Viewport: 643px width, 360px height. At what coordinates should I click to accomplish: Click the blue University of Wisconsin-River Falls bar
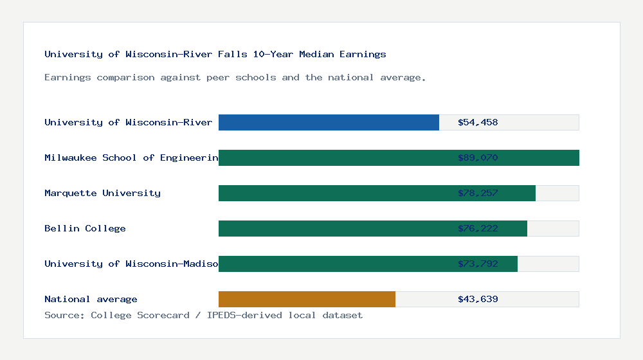pyautogui.click(x=329, y=122)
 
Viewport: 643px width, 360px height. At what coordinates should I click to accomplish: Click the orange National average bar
pyautogui.click(x=307, y=299)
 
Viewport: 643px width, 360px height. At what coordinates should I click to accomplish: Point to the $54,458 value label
pyautogui.click(x=478, y=122)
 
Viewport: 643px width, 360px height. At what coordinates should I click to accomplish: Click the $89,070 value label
pyautogui.click(x=478, y=157)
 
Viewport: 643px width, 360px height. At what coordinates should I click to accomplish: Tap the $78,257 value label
pyautogui.click(x=478, y=193)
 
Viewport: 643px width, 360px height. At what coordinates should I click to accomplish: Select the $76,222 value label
pyautogui.click(x=478, y=228)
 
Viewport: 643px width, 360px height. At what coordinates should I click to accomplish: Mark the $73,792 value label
pyautogui.click(x=478, y=264)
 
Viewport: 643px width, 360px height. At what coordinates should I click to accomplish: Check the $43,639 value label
pyautogui.click(x=478, y=299)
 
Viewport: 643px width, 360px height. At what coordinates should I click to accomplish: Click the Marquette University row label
pyautogui.click(x=102, y=193)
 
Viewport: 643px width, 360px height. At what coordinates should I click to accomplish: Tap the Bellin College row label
pyautogui.click(x=85, y=228)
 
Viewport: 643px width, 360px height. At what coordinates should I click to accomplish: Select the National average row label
pyautogui.click(x=91, y=299)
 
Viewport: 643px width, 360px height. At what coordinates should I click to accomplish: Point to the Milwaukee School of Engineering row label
pyautogui.click(x=131, y=157)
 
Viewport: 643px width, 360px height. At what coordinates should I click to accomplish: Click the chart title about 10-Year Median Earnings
pyautogui.click(x=215, y=54)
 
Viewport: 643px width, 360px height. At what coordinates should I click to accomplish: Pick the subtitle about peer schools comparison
pyautogui.click(x=235, y=77)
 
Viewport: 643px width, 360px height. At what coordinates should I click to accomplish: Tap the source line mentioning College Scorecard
pyautogui.click(x=203, y=315)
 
